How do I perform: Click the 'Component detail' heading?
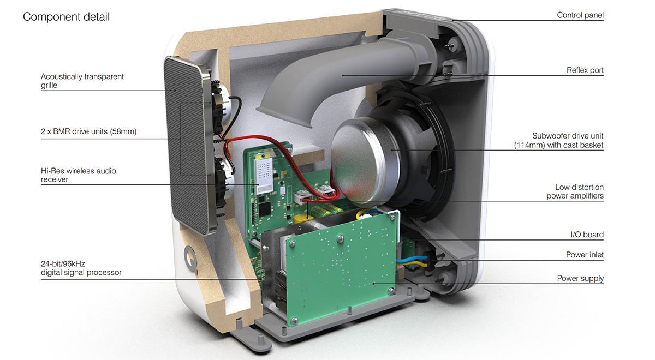(x=66, y=17)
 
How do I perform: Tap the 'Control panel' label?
(x=580, y=15)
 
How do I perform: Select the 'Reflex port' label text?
(x=585, y=70)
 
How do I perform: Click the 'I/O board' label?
(x=587, y=235)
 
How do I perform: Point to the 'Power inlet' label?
(x=585, y=255)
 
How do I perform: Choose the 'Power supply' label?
(x=580, y=278)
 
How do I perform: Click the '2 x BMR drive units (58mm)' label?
(x=88, y=131)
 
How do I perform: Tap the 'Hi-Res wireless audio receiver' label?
(x=79, y=175)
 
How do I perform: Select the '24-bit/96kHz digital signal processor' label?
(x=81, y=268)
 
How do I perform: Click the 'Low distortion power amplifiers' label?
(x=575, y=191)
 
